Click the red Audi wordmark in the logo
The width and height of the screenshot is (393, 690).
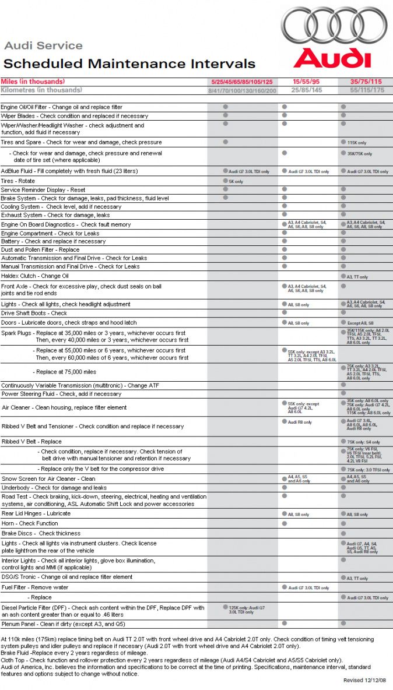332,58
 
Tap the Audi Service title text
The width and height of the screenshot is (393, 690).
43,45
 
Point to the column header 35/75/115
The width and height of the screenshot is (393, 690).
366,82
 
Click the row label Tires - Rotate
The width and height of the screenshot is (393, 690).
18,181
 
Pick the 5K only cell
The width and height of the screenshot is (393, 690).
236,182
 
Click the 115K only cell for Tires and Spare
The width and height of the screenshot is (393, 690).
357,143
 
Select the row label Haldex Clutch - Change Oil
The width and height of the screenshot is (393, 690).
35,276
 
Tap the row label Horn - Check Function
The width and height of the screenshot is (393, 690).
30,523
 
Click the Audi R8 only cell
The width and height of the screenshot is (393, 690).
300,422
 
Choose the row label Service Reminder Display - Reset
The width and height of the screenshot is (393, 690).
43,190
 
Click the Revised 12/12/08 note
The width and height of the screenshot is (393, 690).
364,680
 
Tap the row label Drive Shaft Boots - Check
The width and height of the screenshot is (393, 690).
34,313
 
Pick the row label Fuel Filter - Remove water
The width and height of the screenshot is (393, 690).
34,587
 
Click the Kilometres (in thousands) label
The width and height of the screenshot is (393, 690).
41,90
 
